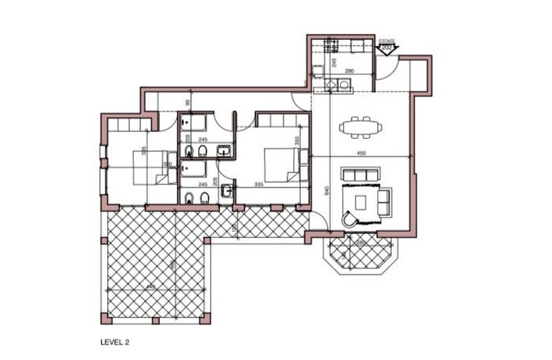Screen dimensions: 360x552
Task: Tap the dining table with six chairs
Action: (x=360, y=127)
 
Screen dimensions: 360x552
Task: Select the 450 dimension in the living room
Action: (x=361, y=154)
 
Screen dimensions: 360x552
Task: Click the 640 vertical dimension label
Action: (x=327, y=191)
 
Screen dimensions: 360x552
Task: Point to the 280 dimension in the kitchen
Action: (x=349, y=71)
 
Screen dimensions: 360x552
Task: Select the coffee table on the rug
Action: (x=362, y=202)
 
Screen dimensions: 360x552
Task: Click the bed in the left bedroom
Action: (x=152, y=167)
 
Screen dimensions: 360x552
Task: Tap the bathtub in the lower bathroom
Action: (x=195, y=169)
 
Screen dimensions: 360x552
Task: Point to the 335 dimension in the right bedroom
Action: (x=259, y=184)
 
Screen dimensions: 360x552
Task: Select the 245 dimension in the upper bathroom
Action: (x=202, y=139)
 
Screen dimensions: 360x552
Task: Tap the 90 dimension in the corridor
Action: (x=188, y=103)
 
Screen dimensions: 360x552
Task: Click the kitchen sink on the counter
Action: (x=345, y=85)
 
